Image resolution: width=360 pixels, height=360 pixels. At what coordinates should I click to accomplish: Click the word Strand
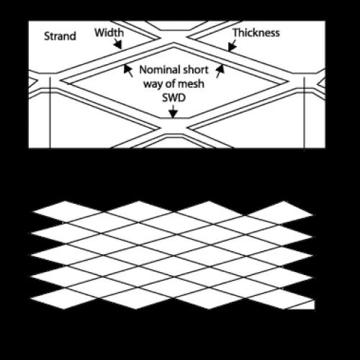pos(60,36)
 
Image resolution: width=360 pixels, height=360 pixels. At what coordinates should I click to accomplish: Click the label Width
pos(109,32)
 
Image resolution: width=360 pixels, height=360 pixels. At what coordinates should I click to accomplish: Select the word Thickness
pos(256,32)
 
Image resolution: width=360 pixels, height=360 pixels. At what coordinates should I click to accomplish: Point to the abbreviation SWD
pos(172,99)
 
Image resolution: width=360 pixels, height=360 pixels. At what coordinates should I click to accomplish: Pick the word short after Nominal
pos(194,71)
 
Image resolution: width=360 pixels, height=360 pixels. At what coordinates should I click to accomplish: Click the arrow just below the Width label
pos(117,45)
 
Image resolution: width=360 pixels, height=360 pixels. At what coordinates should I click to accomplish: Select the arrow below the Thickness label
pos(231,47)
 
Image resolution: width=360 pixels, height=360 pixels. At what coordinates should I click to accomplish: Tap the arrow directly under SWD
pos(172,112)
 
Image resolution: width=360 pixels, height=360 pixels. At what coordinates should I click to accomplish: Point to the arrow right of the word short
pos(220,69)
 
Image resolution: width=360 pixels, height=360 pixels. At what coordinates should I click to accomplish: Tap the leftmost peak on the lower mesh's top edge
pos(65,202)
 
